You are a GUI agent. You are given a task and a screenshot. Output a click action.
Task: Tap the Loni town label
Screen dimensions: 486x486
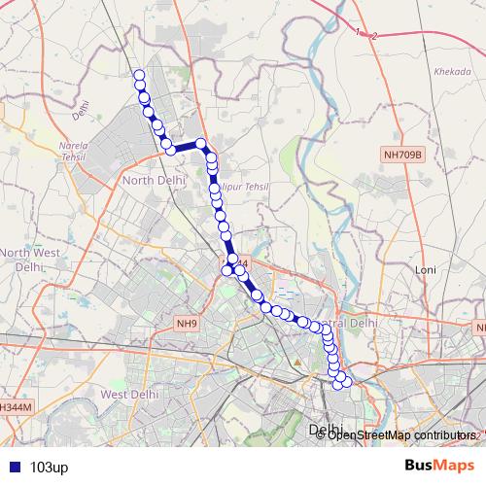click(424, 269)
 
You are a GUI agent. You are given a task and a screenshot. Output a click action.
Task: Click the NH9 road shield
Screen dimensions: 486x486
click(187, 323)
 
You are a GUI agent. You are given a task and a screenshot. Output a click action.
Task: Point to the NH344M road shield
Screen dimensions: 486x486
click(15, 406)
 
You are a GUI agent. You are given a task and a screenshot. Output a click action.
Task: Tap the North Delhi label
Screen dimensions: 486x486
click(148, 180)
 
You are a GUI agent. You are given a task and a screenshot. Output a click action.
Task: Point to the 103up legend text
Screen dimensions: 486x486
click(50, 467)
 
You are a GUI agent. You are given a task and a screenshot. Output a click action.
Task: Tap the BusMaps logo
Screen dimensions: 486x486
click(439, 466)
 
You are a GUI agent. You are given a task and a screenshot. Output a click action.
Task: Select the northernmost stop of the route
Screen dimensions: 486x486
click(139, 75)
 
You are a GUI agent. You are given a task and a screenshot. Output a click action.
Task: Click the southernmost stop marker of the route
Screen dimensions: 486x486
click(338, 385)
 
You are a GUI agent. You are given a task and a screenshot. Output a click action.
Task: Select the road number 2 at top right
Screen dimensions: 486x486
click(374, 36)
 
